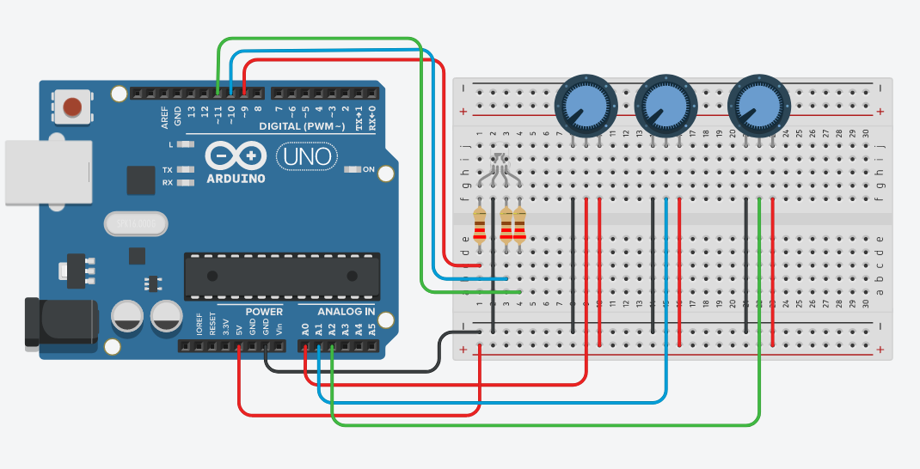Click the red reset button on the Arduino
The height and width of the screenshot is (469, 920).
pos(73,107)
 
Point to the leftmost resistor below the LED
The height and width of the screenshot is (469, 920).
pos(480,225)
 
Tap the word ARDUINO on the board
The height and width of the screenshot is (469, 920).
pos(236,179)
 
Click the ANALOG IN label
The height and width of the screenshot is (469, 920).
pos(346,311)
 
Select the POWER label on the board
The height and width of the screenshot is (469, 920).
pos(264,311)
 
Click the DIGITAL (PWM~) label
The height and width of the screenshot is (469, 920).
pos(304,126)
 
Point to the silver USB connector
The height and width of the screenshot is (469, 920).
pos(47,172)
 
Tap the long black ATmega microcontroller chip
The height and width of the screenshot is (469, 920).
pos(282,276)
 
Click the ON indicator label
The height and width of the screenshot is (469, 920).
pos(369,169)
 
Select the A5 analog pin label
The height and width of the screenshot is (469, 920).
pos(371,328)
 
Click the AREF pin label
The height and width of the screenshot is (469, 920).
pos(164,118)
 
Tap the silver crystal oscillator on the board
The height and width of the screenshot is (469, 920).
pos(133,224)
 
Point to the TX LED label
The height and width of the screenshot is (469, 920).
pos(167,170)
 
